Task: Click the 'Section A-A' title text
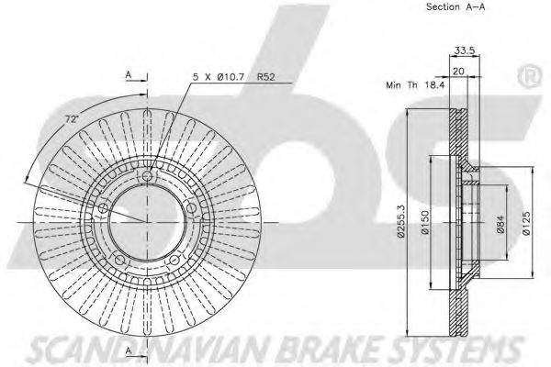(x=455, y=6)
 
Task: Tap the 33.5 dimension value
(x=465, y=50)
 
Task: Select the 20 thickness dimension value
(x=458, y=71)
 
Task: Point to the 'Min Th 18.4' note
(x=415, y=85)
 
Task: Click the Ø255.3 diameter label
(x=400, y=221)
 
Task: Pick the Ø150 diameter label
(x=425, y=222)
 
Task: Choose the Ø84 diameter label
(x=500, y=224)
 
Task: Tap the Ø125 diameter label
(x=526, y=223)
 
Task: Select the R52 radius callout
(x=265, y=77)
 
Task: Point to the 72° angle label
(x=72, y=119)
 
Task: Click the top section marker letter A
(x=129, y=75)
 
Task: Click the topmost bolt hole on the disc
(x=147, y=175)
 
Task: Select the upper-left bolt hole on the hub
(x=103, y=208)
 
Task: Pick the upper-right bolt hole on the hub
(x=191, y=208)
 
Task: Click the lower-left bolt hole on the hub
(x=119, y=260)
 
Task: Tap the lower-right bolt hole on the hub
(x=174, y=260)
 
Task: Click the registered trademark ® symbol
(x=530, y=77)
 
